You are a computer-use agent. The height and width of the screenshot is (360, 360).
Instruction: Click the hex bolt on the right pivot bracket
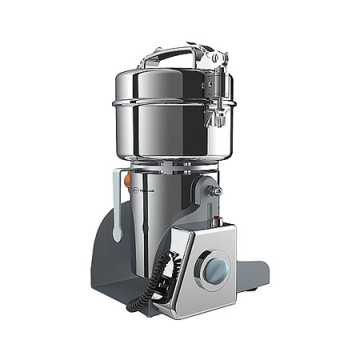(x=215, y=192)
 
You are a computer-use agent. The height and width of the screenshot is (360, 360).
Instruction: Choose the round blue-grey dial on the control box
(x=214, y=270)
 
